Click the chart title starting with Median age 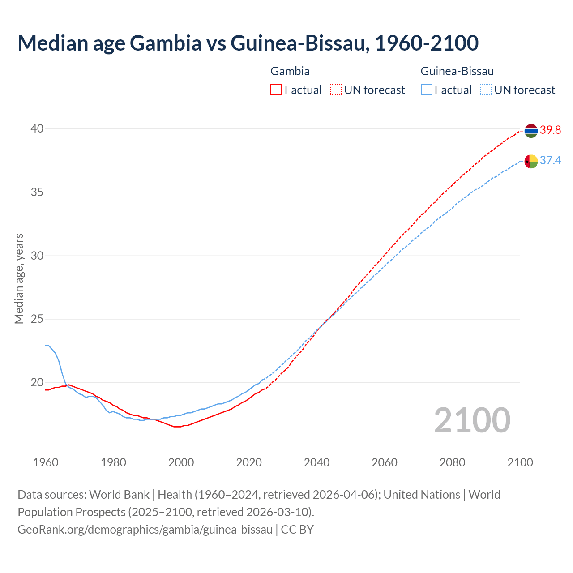point(248,43)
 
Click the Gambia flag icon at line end point(530,130)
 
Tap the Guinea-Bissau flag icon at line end point(530,161)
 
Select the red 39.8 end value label point(550,130)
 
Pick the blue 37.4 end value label point(550,161)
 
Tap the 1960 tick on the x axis point(46,462)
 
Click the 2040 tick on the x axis point(316,462)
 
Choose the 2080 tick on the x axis point(452,462)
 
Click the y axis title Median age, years point(19,278)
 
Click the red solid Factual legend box point(276,90)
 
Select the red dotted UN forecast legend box point(336,90)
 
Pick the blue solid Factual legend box point(427,90)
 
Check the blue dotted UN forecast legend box point(486,90)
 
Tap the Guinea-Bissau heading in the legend point(457,71)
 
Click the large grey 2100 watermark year point(472,420)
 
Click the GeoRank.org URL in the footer point(145,530)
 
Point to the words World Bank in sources point(119,495)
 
